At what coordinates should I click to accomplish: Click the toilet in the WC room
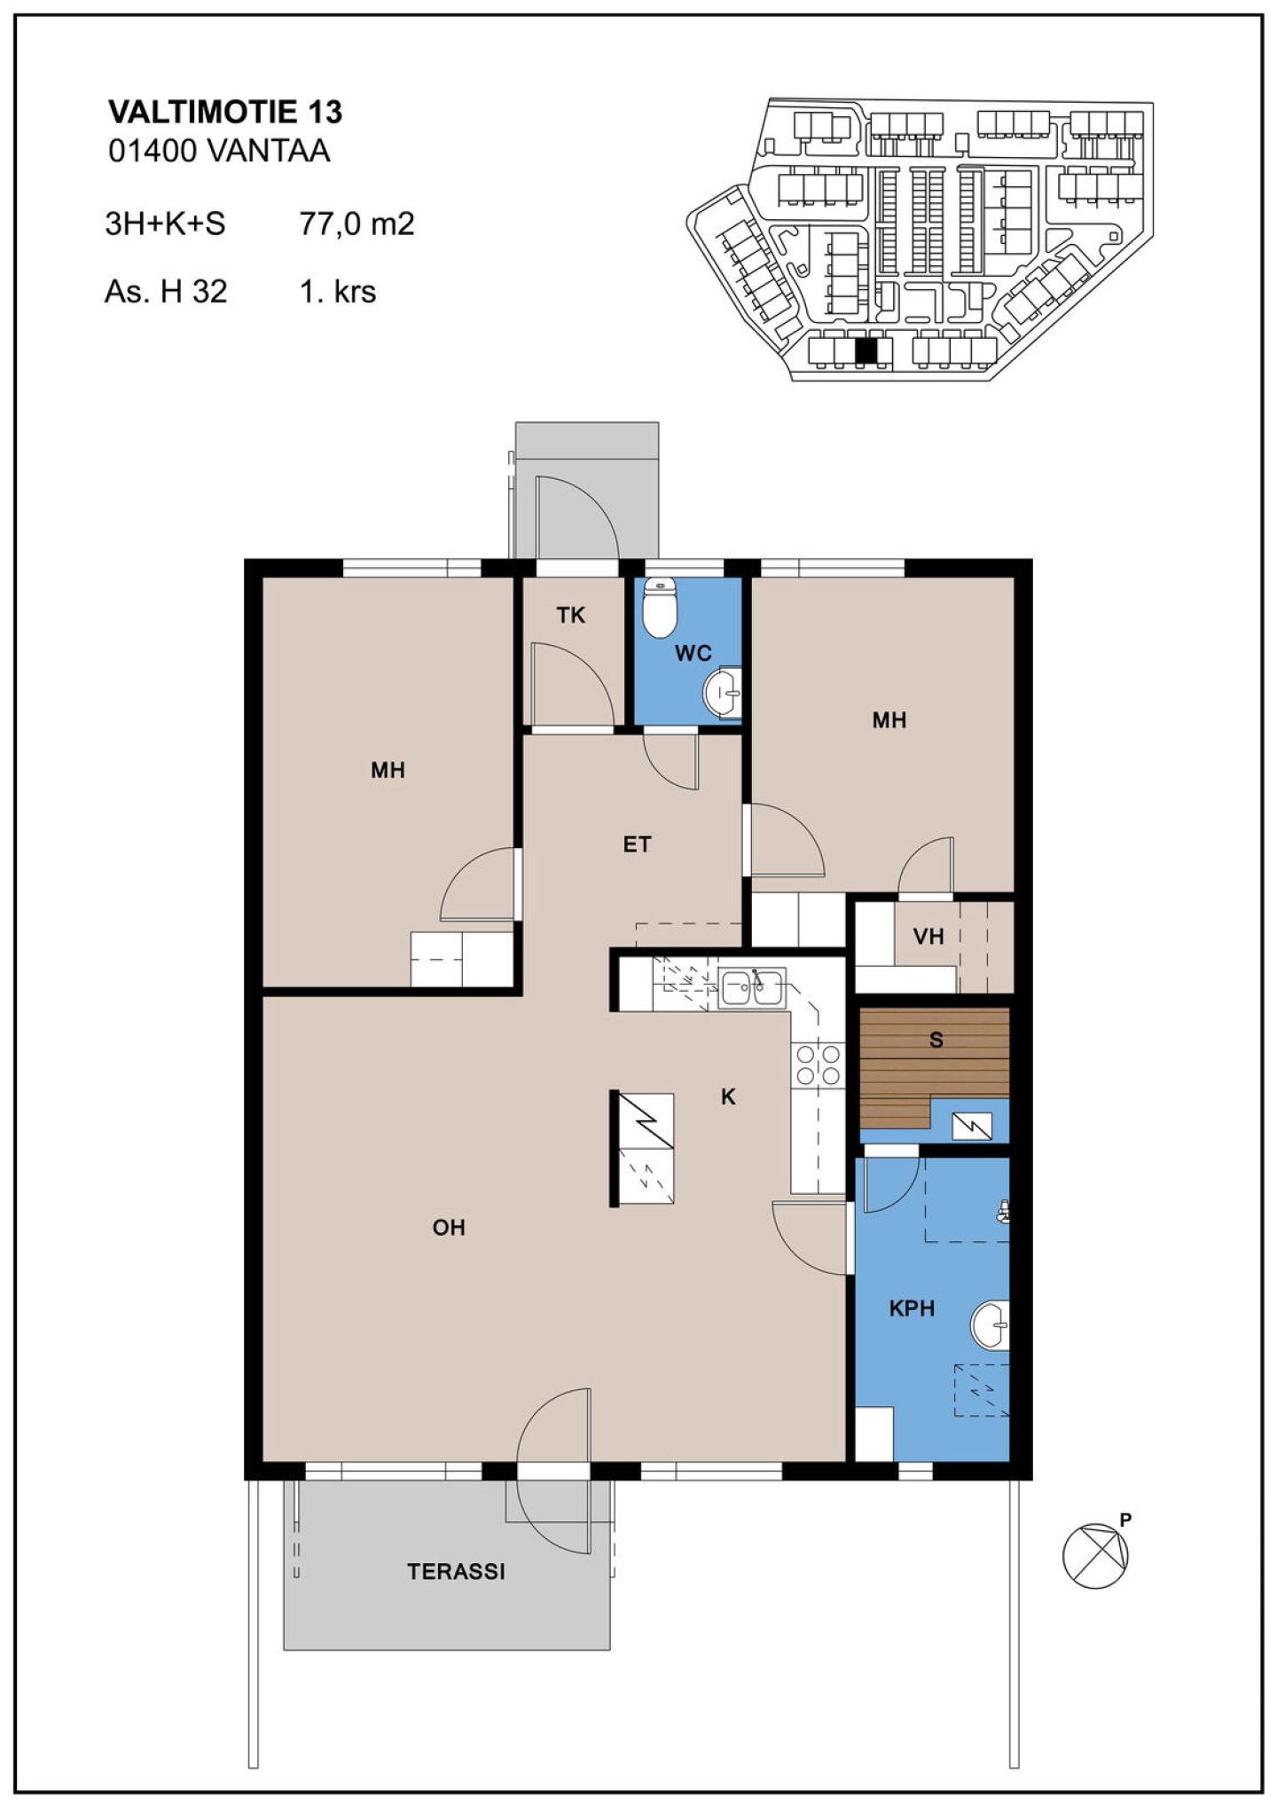click(x=659, y=607)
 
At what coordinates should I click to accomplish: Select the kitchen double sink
click(x=752, y=987)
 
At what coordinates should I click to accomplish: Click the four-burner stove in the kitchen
click(x=819, y=1065)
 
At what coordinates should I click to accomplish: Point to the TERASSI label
click(x=456, y=1571)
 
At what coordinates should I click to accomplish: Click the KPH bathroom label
click(x=912, y=1308)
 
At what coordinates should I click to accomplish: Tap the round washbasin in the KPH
click(x=991, y=1325)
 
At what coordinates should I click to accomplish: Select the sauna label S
click(x=936, y=1040)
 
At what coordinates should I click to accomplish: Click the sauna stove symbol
click(x=972, y=1127)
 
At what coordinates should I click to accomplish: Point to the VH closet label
click(x=928, y=936)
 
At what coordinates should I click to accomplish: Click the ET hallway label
click(x=637, y=845)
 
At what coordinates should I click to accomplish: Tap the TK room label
click(x=571, y=615)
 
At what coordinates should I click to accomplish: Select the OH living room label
click(x=449, y=1228)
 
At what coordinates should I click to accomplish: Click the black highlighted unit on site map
click(x=865, y=351)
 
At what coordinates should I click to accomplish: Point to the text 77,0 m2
click(x=356, y=224)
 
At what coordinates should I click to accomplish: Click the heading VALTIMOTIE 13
click(x=225, y=112)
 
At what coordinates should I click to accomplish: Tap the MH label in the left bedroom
click(x=388, y=770)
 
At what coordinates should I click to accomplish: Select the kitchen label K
click(x=728, y=1097)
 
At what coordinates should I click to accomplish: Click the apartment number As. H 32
click(x=166, y=291)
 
